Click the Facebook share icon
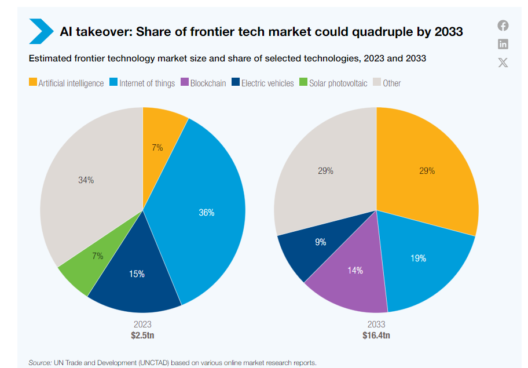coord(503,25)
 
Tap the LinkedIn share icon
coord(503,44)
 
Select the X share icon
coord(503,63)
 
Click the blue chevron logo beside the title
coord(41,31)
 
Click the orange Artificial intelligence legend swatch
coord(33,83)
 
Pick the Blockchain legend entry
coord(203,83)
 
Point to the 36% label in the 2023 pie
coord(207,213)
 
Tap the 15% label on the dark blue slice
coord(137,274)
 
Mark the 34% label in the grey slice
coord(86,180)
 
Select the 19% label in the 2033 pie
coord(419,258)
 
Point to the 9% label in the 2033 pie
coord(320,242)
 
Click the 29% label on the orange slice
coord(427,171)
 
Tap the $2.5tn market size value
coord(142,335)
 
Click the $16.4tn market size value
coord(376,335)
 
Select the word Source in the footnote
coord(40,362)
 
